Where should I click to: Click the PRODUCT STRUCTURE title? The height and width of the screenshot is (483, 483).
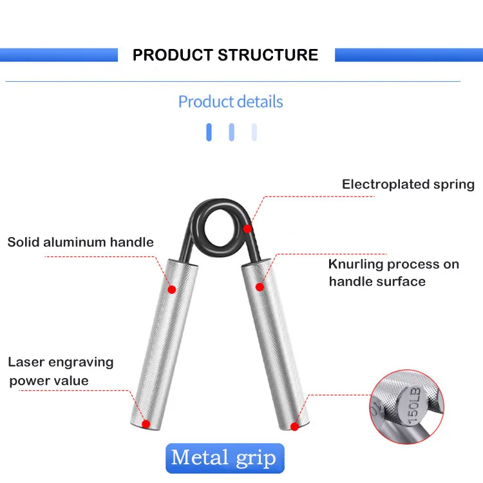click(225, 55)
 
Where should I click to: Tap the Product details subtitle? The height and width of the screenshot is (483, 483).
click(231, 102)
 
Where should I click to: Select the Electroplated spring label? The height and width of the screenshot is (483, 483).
click(408, 184)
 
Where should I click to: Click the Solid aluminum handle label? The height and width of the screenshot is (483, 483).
click(80, 242)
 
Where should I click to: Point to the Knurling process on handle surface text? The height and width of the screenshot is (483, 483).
click(393, 272)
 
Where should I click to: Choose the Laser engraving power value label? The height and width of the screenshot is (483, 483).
click(61, 371)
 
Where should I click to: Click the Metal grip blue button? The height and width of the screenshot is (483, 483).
click(224, 458)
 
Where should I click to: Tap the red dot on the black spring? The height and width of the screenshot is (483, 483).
click(247, 228)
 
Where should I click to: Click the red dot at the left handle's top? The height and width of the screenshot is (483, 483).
click(172, 290)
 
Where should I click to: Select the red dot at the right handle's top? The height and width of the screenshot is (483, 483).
click(260, 286)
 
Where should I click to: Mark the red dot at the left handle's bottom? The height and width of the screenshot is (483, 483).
click(146, 424)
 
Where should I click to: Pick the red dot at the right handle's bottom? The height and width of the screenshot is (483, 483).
click(294, 426)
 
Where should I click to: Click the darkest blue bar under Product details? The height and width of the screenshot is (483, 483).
click(209, 132)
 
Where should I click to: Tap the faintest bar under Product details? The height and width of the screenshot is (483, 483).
click(254, 132)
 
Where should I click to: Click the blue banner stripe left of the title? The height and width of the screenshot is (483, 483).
click(59, 55)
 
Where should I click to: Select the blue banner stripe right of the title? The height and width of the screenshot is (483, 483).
click(409, 55)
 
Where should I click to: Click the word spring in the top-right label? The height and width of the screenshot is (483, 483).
click(453, 184)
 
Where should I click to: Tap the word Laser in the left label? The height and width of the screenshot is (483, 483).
click(26, 362)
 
